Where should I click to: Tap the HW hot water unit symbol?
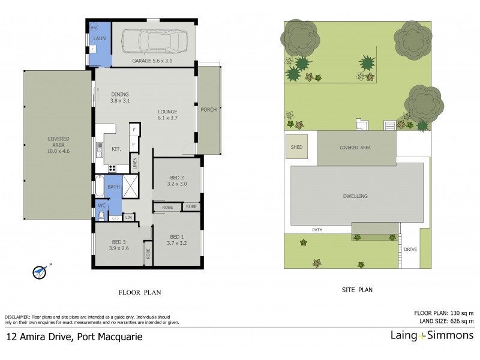tap(94, 28)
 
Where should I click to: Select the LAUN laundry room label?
tap(99, 38)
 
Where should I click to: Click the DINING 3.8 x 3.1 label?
tap(119, 97)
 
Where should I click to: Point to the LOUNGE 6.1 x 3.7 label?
tap(168, 115)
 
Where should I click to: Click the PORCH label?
tap(209, 109)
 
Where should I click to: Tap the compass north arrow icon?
tap(40, 272)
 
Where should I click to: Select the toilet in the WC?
tap(101, 214)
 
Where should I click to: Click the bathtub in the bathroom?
tap(99, 186)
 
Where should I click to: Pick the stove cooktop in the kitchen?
tap(112, 167)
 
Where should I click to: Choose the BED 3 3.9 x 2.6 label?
tap(119, 244)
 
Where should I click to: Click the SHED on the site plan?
tap(296, 147)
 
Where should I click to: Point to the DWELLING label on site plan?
tap(355, 196)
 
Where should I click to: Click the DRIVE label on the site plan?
tap(410, 249)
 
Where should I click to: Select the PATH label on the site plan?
tap(317, 230)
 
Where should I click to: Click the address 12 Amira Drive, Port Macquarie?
tap(74, 337)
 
